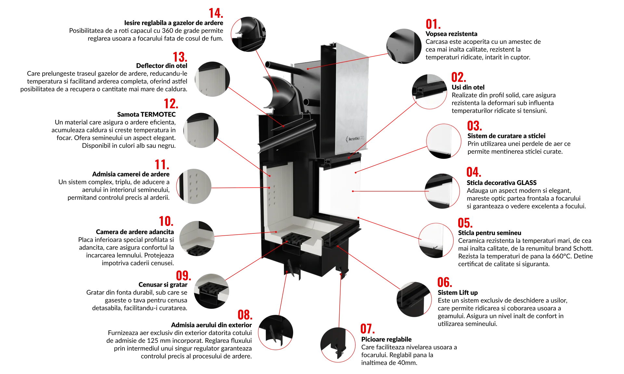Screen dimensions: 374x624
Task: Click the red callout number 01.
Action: [x=433, y=25]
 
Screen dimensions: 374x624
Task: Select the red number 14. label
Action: [x=216, y=14]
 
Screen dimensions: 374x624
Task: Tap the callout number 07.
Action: [x=368, y=329]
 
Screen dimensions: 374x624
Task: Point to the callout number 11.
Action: [x=162, y=165]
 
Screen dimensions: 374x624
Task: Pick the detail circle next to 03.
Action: [x=444, y=141]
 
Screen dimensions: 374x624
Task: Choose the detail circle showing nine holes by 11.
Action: [x=194, y=186]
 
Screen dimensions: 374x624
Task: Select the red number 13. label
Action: [x=180, y=57]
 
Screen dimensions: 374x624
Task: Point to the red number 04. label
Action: [x=474, y=172]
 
